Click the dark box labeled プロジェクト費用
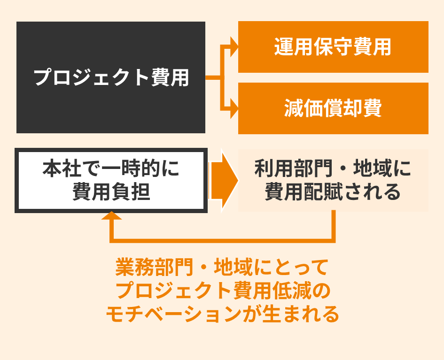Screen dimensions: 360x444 point(111,77)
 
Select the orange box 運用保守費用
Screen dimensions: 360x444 point(333,47)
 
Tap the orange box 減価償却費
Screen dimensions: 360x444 point(333,108)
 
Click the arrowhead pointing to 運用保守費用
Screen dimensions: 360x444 point(234,47)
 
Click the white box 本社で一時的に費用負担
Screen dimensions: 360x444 point(111,181)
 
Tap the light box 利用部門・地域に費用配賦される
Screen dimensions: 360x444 point(333,180)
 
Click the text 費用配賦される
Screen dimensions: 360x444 point(333,192)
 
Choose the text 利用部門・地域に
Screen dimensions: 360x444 point(333,169)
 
